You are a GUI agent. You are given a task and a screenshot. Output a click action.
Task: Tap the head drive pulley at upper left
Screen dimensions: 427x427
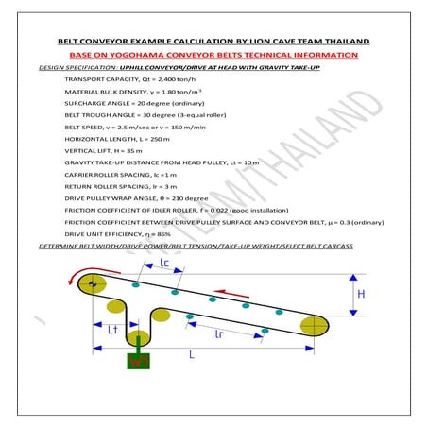(x=91, y=284)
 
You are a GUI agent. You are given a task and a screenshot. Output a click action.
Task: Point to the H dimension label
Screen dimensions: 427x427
(x=360, y=294)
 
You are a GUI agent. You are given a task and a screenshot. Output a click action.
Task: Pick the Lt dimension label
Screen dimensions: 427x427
(x=111, y=330)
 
